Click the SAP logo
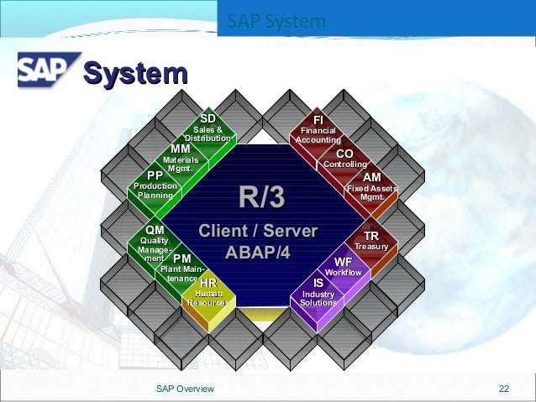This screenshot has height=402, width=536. [47, 70]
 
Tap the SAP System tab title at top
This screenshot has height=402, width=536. [276, 21]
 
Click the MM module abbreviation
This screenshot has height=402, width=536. [181, 149]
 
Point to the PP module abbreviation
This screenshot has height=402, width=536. [155, 175]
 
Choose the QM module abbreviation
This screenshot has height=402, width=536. [155, 230]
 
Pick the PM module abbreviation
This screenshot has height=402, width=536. [182, 258]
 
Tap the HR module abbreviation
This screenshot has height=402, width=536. [208, 283]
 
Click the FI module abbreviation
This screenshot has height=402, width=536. [318, 119]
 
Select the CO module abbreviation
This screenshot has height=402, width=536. [344, 154]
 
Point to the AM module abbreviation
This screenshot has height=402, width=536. [371, 178]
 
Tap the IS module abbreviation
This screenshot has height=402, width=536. [318, 283]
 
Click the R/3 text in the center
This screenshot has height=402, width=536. [261, 198]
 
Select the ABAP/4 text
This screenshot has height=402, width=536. [257, 251]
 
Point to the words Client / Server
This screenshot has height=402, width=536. [258, 230]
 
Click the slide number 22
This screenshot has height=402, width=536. [504, 388]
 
